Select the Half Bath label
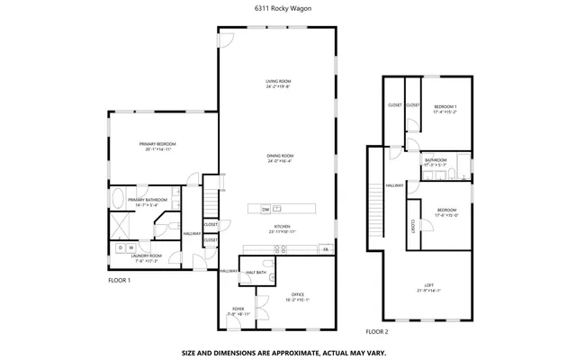(x=255, y=272)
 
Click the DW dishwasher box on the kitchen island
(x=265, y=209)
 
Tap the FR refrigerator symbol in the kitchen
(x=325, y=248)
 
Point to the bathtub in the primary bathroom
(x=119, y=199)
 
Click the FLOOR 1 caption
(x=120, y=280)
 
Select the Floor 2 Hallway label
(x=394, y=185)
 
